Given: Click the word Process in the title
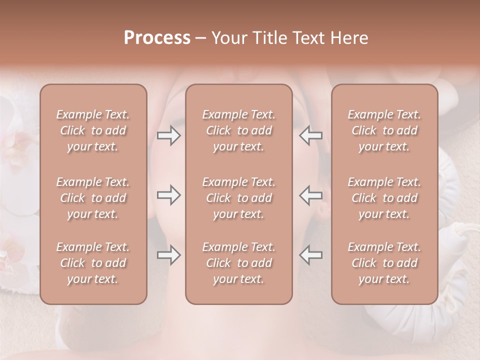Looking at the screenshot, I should click(x=157, y=38).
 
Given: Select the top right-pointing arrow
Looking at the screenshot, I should click(x=169, y=135).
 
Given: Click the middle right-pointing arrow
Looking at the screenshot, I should click(x=169, y=194).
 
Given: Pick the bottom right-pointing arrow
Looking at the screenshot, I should click(x=169, y=255).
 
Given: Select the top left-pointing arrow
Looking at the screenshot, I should click(x=310, y=135).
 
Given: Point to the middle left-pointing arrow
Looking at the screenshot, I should click(x=310, y=194).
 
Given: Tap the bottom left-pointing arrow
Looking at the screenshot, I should click(x=310, y=255).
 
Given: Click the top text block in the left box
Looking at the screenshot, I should click(x=93, y=130).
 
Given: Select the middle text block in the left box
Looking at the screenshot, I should click(x=93, y=198).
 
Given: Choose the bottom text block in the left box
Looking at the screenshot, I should click(x=93, y=263).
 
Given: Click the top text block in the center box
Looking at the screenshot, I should click(x=239, y=130).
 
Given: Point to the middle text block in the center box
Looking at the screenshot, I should click(x=239, y=198).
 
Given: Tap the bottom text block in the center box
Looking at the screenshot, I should click(x=239, y=263).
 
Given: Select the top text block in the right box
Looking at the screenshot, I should click(x=384, y=130).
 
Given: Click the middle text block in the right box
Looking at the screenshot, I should click(x=384, y=198).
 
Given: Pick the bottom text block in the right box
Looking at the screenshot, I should click(x=384, y=263).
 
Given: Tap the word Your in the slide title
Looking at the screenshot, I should click(x=228, y=38).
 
